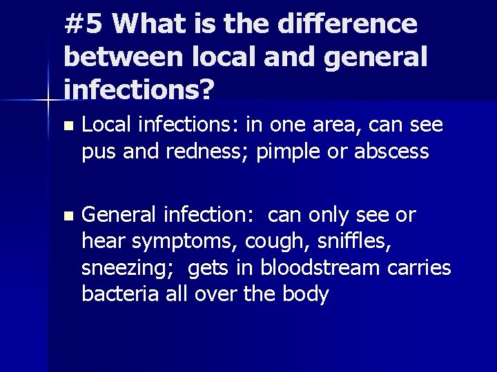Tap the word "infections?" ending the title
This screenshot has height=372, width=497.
(x=139, y=87)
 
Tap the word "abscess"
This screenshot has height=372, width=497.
(x=391, y=151)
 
